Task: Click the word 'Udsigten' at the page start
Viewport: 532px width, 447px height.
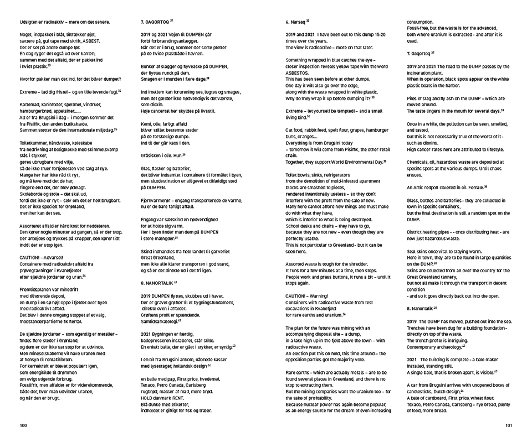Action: coord(29,22)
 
